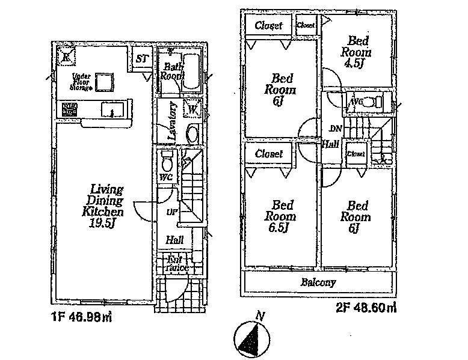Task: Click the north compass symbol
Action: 253,337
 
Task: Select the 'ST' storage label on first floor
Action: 141,59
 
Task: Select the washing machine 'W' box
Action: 192,109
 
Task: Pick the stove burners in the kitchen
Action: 69,110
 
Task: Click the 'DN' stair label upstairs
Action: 335,129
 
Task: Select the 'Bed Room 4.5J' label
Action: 359,51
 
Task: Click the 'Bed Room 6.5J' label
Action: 279,215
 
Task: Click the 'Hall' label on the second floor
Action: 329,144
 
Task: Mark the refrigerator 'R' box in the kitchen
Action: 66,57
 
